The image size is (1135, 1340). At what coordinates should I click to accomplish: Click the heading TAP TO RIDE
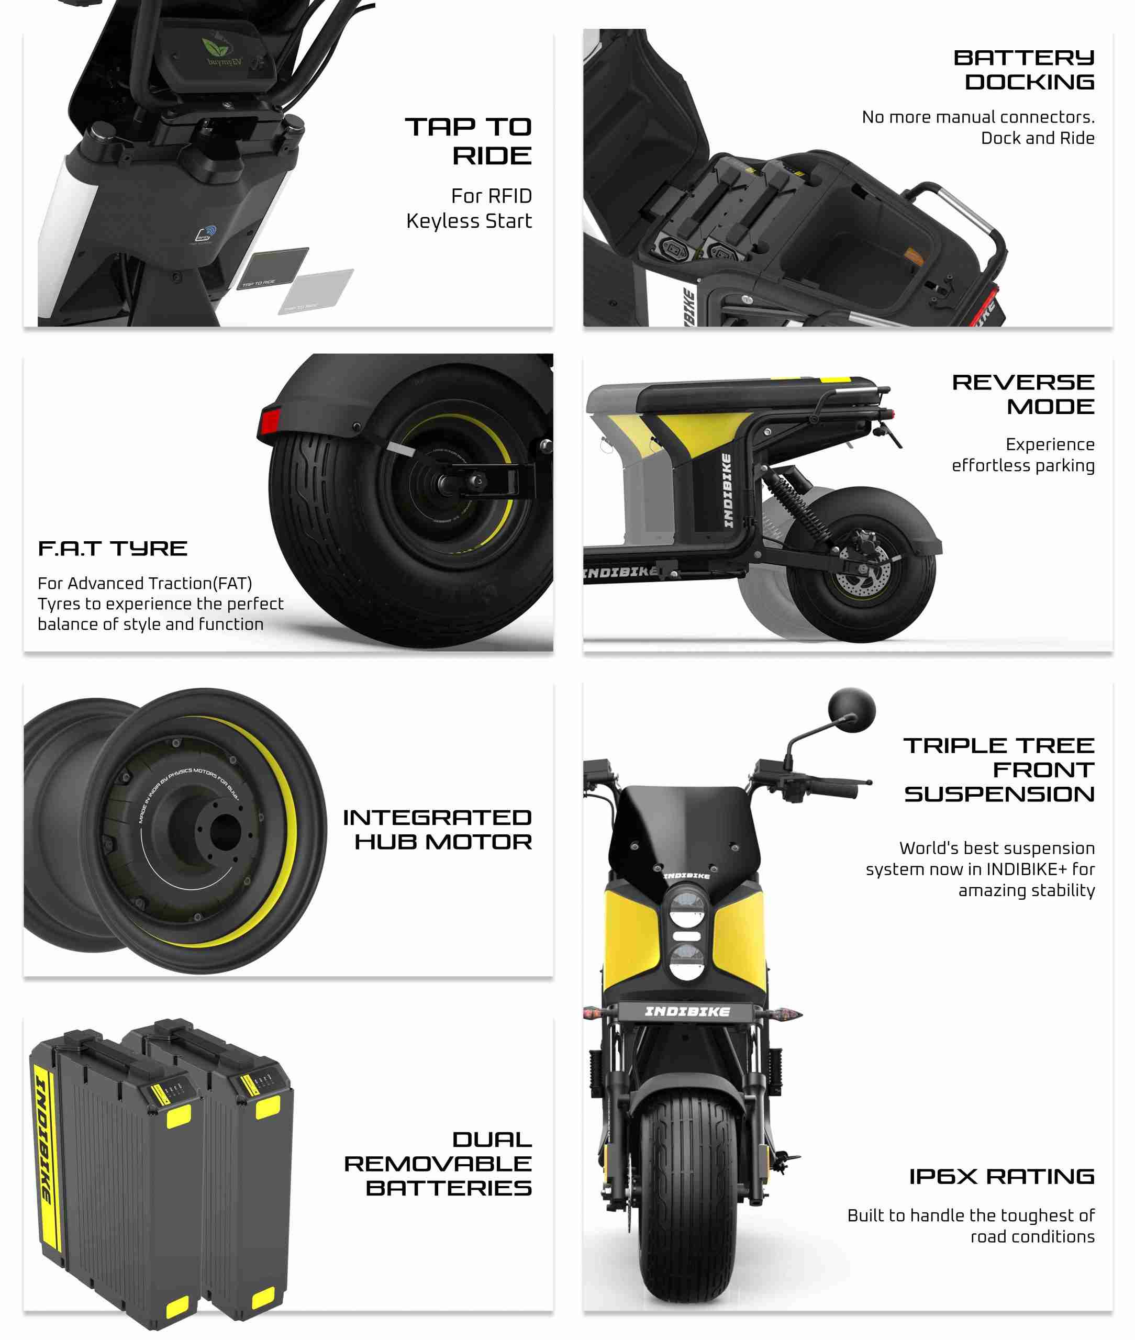[468, 141]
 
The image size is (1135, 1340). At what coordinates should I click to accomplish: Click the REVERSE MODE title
[1023, 394]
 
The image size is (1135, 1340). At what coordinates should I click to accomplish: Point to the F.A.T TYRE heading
[113, 549]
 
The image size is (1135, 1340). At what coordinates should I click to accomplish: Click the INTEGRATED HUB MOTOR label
[438, 829]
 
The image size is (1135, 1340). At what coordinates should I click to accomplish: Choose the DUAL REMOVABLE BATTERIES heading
[438, 1164]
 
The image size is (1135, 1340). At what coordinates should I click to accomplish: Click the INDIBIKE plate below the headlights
[687, 1012]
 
